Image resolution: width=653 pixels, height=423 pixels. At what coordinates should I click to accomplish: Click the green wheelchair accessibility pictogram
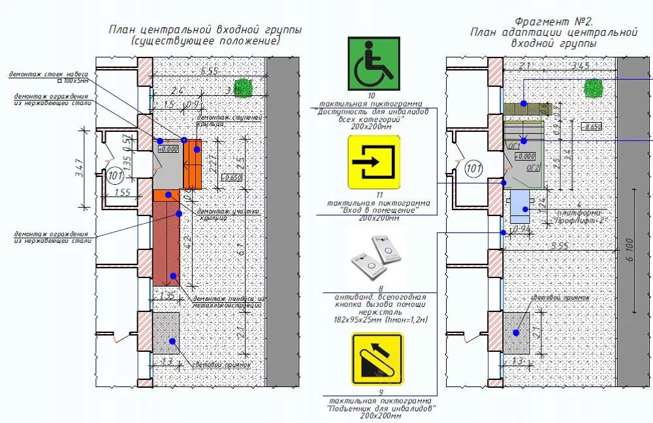[373, 63]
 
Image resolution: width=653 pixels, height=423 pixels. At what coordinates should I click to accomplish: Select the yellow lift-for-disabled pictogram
[377, 358]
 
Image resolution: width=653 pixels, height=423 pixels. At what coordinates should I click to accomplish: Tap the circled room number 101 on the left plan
[115, 175]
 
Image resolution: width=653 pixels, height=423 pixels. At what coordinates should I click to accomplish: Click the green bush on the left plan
[244, 87]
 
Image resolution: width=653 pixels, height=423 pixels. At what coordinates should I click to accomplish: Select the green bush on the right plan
[593, 87]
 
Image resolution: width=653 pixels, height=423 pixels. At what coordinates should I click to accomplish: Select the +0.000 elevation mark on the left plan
[168, 149]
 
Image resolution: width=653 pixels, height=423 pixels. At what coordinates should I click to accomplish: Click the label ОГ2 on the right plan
[533, 168]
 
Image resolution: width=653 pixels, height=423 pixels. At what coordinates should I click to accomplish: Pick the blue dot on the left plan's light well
[172, 341]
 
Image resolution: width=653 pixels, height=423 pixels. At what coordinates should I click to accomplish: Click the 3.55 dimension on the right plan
[559, 245]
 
